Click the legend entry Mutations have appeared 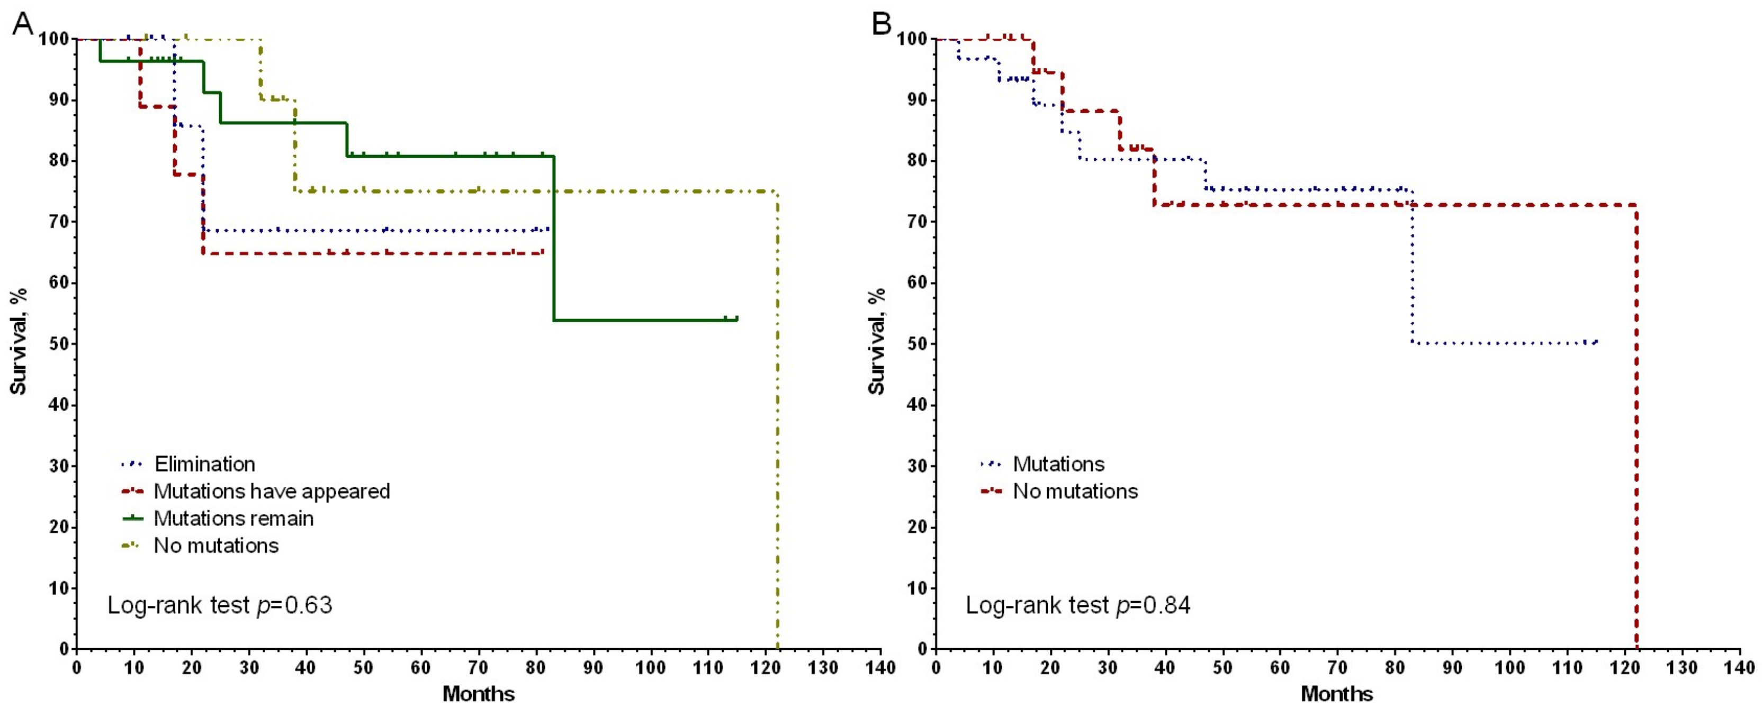(272, 491)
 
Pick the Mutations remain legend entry (233, 519)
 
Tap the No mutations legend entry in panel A (216, 545)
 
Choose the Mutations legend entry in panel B (1058, 464)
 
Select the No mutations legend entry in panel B (1075, 491)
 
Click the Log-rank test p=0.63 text (220, 605)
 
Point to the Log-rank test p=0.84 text (1078, 605)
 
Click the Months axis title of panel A (479, 694)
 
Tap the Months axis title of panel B (1337, 694)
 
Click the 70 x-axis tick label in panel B (1337, 667)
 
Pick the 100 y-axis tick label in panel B (912, 39)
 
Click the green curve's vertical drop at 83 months (554, 240)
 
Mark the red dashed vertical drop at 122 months (1636, 424)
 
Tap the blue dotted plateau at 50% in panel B (1506, 343)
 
